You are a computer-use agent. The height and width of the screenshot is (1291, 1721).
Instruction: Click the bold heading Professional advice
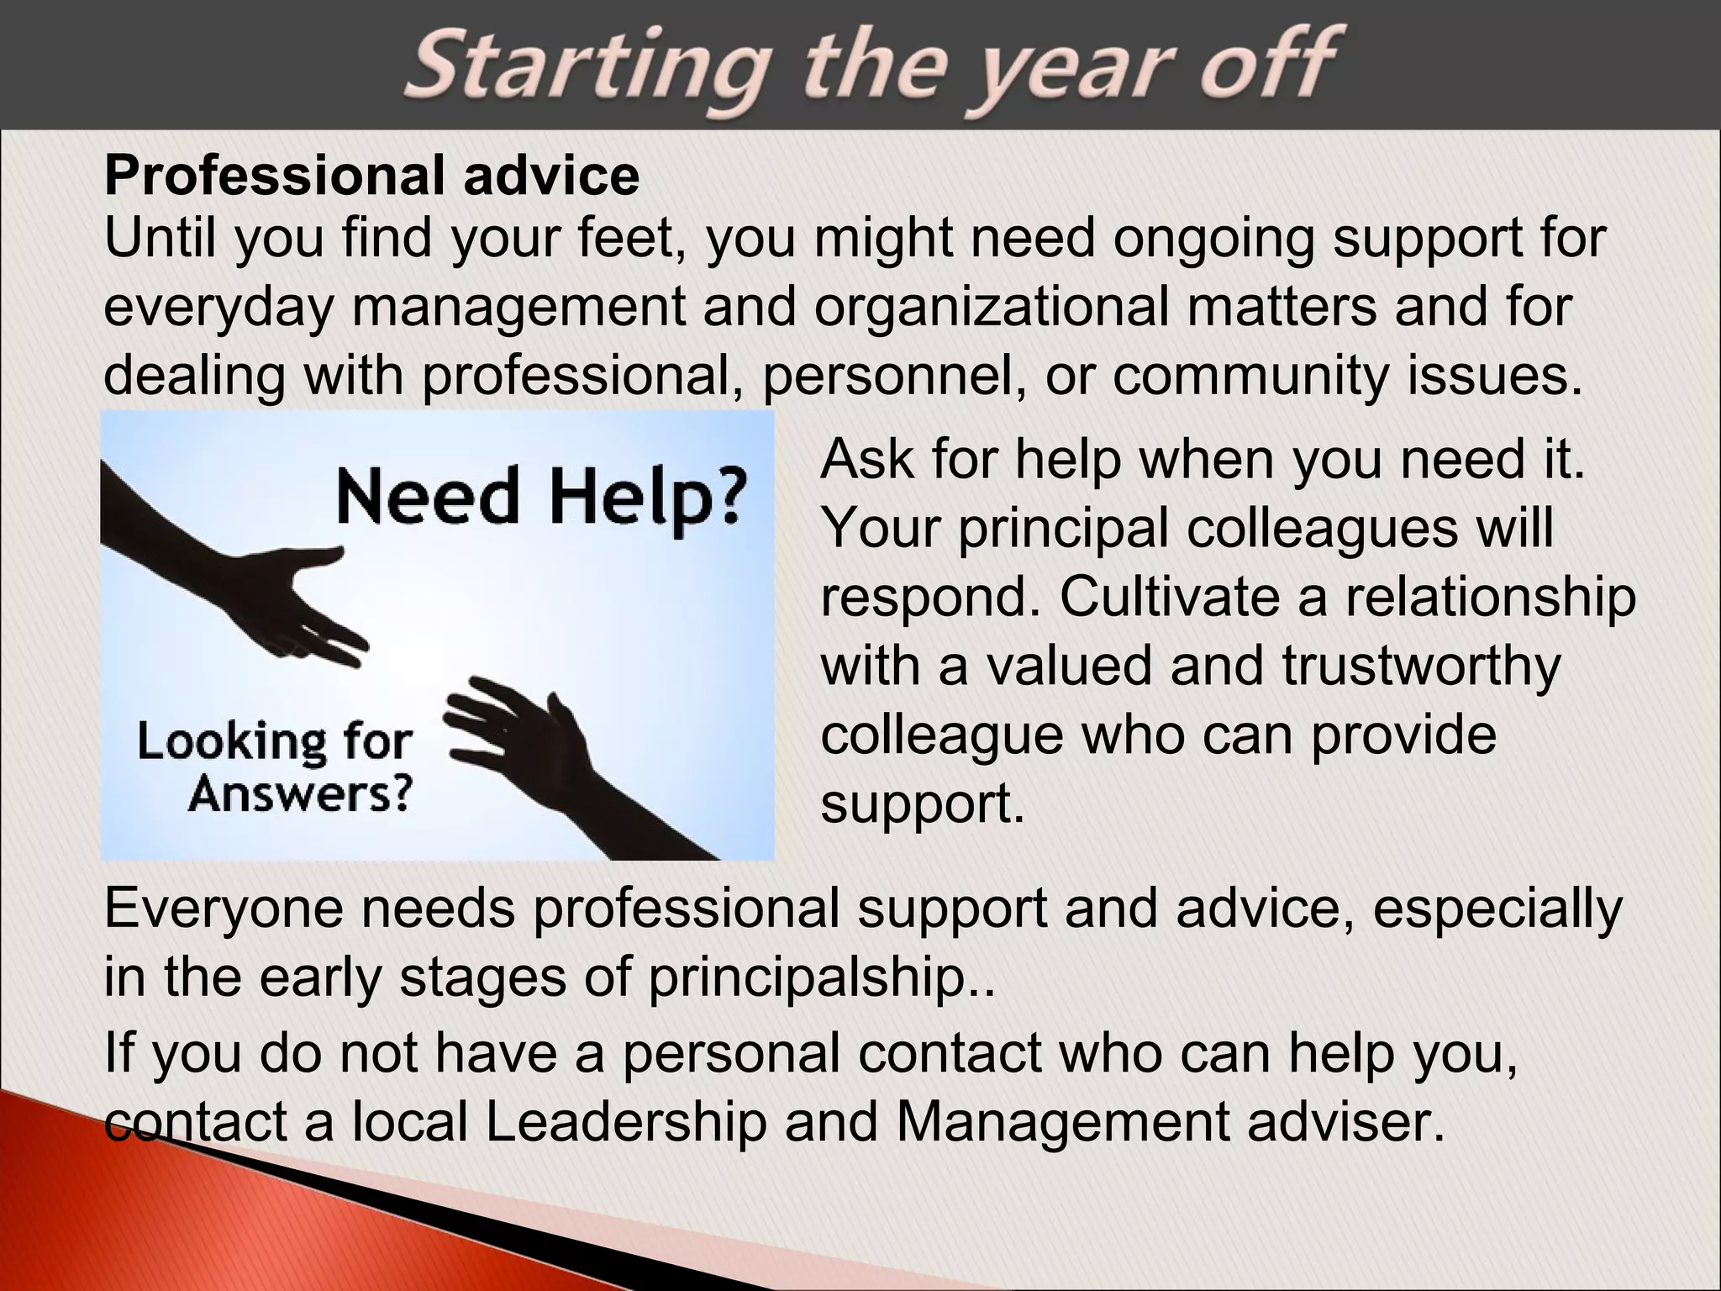tap(371, 176)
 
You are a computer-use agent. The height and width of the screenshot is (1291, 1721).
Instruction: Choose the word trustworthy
tap(1420, 667)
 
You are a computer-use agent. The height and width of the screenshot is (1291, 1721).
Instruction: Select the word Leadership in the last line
tap(626, 1122)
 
